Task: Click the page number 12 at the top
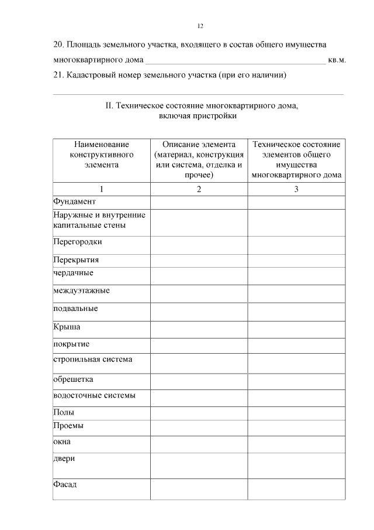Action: coord(200,26)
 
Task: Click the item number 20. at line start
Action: coord(58,45)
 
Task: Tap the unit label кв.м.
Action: coord(337,60)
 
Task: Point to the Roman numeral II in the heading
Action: coord(108,106)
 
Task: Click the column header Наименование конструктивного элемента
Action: coord(102,154)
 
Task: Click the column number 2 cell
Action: coord(199,189)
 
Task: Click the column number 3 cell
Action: coord(296,189)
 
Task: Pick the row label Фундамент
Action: coord(74,201)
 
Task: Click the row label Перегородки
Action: coord(78,241)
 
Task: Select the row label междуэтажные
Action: coord(81,290)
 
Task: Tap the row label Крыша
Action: coord(67,327)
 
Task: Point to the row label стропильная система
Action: coord(92,359)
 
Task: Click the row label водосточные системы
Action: coord(94,395)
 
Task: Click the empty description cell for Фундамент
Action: coord(199,202)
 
